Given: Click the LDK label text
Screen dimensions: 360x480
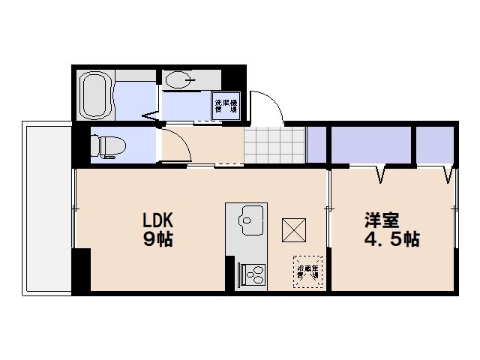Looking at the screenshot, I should (158, 220).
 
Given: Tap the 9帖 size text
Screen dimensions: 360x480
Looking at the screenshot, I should (158, 239).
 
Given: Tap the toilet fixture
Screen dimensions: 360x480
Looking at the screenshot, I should (107, 145).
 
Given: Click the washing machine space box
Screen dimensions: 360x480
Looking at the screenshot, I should (226, 105).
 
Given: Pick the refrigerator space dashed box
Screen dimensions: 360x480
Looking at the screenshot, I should (307, 268).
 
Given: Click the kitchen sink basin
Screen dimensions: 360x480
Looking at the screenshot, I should (247, 220).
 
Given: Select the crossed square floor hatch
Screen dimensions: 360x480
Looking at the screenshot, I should (292, 229).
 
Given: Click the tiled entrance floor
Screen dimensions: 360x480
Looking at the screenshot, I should (275, 144).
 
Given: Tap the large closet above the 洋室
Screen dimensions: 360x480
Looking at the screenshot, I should (371, 145).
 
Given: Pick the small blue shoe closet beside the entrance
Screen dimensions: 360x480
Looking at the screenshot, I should (316, 144).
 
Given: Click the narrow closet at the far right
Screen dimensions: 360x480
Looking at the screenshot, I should (435, 145).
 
